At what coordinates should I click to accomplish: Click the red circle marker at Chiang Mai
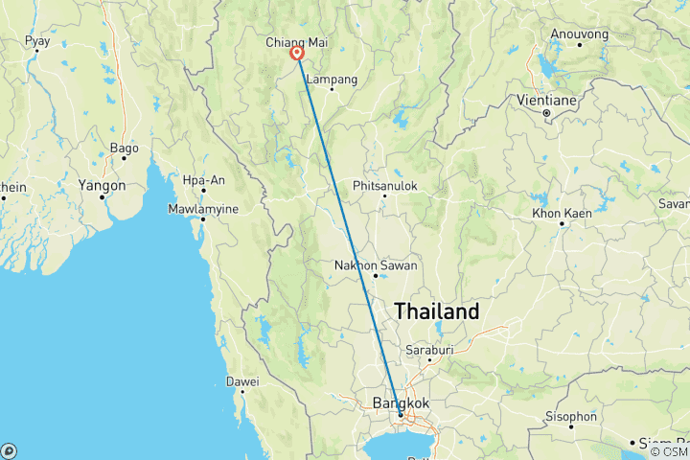point(298,55)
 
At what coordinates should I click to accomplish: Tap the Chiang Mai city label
point(298,42)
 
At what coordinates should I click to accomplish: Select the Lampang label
point(333,80)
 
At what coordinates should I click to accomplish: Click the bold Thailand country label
point(437,311)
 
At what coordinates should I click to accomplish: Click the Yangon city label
point(103,185)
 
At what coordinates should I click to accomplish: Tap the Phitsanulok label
point(385,185)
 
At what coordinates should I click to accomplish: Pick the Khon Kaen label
point(562,211)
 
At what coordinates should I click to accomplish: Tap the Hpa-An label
point(203,179)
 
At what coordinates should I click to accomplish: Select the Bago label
point(125,149)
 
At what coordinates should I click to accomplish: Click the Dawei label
point(242,380)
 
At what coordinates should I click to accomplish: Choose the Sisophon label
point(570,417)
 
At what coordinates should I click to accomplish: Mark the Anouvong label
point(579,34)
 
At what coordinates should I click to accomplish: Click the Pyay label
point(37,41)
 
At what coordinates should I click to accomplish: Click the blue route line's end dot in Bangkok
point(401,415)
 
